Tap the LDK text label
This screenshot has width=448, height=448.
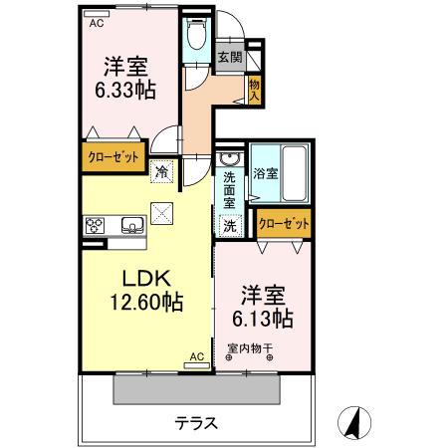(x=146, y=278)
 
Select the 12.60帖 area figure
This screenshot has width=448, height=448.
(x=146, y=300)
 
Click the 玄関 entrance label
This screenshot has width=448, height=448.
(x=229, y=58)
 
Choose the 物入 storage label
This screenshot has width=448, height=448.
(x=255, y=90)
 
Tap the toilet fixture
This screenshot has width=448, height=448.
(x=195, y=37)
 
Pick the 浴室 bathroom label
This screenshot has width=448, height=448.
(x=265, y=173)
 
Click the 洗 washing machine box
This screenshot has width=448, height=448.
(x=230, y=226)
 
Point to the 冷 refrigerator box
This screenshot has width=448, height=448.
(x=161, y=171)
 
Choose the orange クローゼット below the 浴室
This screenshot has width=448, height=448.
(x=285, y=224)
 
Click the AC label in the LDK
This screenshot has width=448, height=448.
(x=195, y=355)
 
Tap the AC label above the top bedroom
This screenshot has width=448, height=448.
(x=97, y=21)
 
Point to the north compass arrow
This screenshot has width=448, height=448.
(x=350, y=422)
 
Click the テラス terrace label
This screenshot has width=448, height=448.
(x=197, y=422)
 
